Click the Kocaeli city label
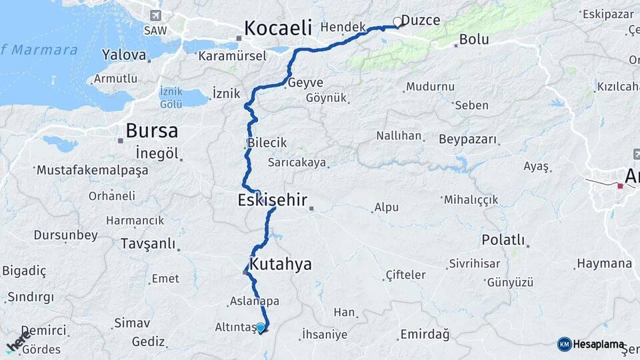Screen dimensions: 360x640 (x=278, y=27)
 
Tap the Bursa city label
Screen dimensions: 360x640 (x=151, y=129)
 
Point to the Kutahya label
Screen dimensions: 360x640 (x=281, y=263)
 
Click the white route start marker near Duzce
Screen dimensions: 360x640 (x=398, y=22)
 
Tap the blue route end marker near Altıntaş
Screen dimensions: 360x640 (x=261, y=327)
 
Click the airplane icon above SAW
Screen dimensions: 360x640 (x=156, y=15)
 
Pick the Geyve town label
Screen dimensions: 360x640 (x=305, y=83)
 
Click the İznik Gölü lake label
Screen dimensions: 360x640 (x=171, y=97)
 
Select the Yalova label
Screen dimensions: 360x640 (x=124, y=55)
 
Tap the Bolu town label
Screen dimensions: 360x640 (x=474, y=40)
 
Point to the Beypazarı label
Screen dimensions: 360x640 (x=468, y=139)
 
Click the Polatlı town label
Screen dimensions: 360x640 (x=503, y=240)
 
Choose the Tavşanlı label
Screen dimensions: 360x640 (x=147, y=243)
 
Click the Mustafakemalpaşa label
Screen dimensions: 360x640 (x=92, y=170)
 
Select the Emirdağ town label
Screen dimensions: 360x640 (x=425, y=334)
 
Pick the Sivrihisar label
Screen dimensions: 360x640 (x=475, y=263)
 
